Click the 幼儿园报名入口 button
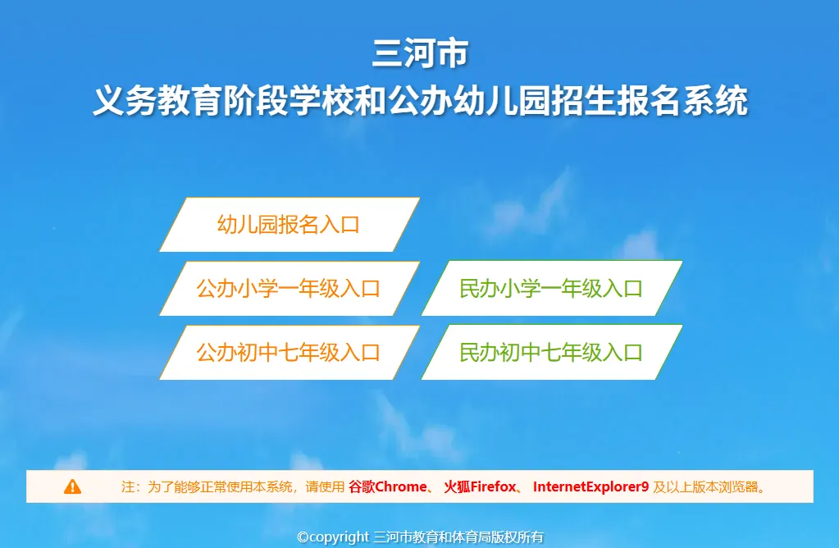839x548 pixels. (289, 224)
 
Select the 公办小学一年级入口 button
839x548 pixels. (289, 289)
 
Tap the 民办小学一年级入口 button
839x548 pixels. (552, 289)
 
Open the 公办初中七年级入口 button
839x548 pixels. (289, 353)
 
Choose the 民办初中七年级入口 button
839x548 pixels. (552, 353)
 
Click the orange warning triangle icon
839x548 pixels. (72, 486)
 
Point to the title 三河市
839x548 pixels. (420, 53)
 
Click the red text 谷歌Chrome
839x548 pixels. (388, 486)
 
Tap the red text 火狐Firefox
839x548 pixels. (480, 486)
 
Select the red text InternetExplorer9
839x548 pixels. (590, 486)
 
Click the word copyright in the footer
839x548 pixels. (340, 537)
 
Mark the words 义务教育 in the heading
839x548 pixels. (157, 100)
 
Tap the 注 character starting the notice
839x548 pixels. (128, 486)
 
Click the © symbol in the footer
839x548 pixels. (303, 537)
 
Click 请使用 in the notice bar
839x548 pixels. (325, 486)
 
